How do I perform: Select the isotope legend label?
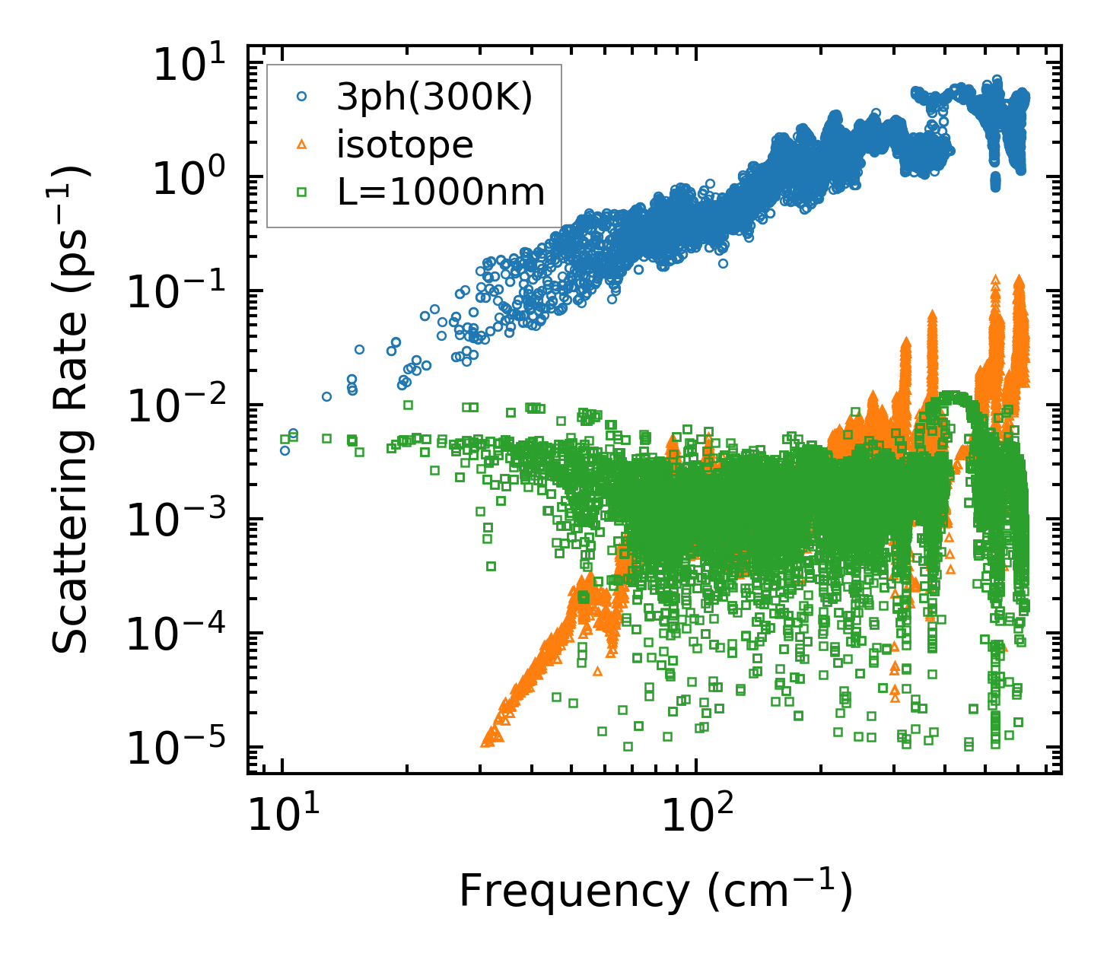(405, 144)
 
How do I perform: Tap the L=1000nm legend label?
(441, 192)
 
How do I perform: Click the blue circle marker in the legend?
(302, 97)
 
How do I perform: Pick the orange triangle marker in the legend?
(302, 144)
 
